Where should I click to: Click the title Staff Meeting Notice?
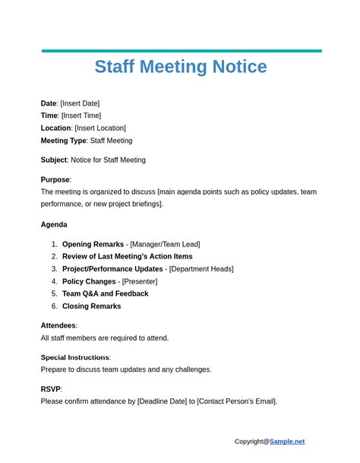pos(180,67)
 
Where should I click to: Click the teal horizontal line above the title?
pos(181,51)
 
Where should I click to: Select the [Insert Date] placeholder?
pos(80,103)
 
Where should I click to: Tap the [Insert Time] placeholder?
pos(81,116)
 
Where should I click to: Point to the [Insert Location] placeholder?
pos(100,128)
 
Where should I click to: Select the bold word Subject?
pos(54,160)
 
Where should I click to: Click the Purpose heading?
pos(55,179)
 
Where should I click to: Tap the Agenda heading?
pos(54,224)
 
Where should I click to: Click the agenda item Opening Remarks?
pos(93,244)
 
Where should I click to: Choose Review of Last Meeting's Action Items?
pos(127,256)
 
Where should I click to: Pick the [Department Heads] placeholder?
pos(201,269)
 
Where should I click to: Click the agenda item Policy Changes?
pos(89,281)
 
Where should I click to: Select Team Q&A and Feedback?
pos(105,293)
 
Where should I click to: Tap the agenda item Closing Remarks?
pos(91,306)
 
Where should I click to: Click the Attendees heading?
pos(58,325)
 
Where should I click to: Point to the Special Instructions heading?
pos(75,357)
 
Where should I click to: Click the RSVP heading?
pos(51,389)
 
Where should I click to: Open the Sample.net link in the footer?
pos(287,441)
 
